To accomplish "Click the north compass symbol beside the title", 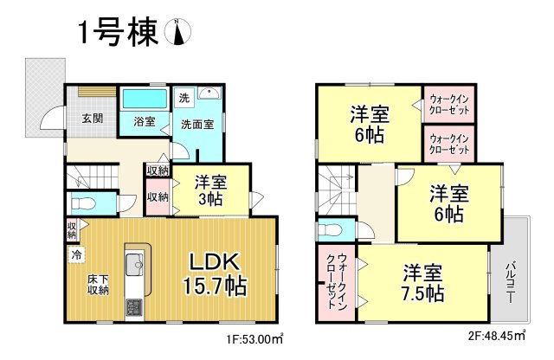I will [179, 32].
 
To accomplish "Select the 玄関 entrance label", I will [93, 119].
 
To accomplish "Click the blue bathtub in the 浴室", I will [144, 98].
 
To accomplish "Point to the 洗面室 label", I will [197, 124].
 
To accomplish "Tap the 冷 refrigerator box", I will [76, 255].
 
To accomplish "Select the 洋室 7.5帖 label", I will [423, 281].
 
